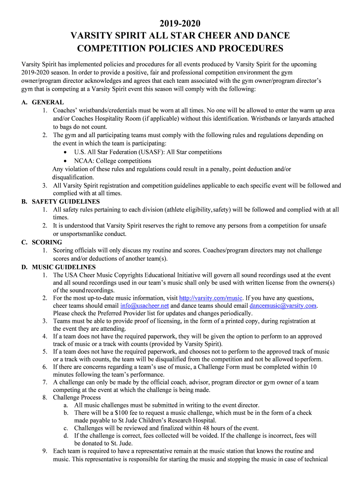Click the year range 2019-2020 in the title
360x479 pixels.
[180, 23]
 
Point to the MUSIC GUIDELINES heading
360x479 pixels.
[64, 267]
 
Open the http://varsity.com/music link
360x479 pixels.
[211, 298]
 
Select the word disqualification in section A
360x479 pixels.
[73, 177]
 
